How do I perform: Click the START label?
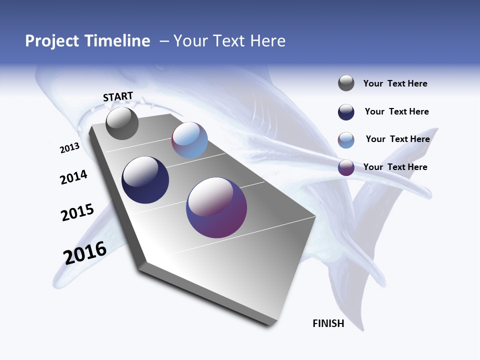[x=118, y=96]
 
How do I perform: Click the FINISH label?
[x=328, y=323]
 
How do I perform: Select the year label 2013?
[x=69, y=148]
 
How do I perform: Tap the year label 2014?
[x=74, y=177]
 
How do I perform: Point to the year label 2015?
[x=77, y=212]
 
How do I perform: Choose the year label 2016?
[x=85, y=253]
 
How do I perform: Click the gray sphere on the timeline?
[x=122, y=123]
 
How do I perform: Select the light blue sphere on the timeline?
[x=189, y=140]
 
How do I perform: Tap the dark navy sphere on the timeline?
[x=145, y=180]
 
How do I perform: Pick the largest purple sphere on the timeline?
[x=216, y=207]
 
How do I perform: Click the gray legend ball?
[x=346, y=83]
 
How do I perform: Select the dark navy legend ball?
[x=346, y=111]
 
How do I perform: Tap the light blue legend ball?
[x=346, y=139]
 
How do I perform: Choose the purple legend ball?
[x=346, y=167]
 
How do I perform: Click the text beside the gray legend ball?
[x=395, y=83]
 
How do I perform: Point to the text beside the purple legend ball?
[x=395, y=167]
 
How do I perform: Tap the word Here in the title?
[x=268, y=41]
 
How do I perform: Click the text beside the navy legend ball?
[x=396, y=111]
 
